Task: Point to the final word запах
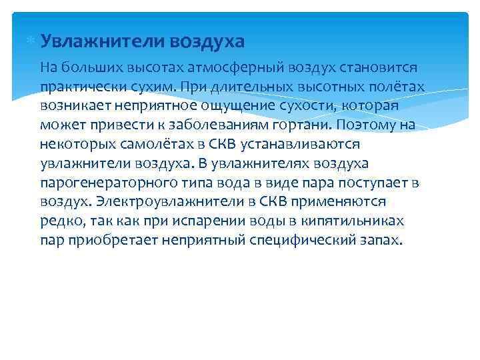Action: (383, 241)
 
